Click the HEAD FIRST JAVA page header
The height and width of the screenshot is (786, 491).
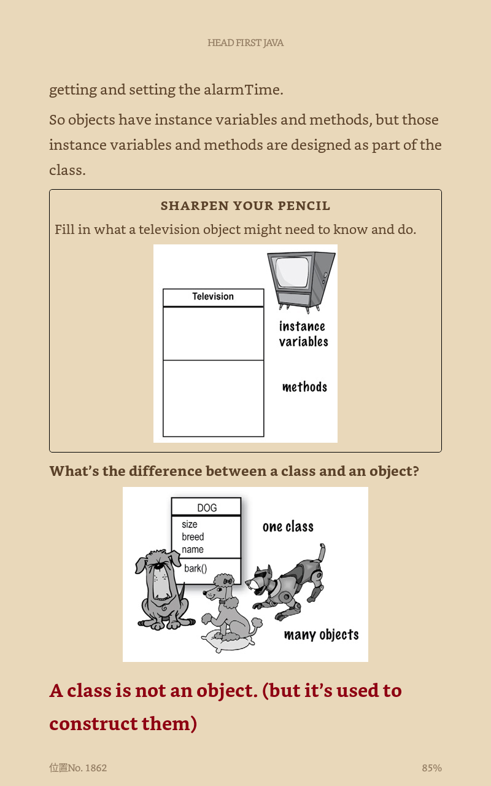[245, 43]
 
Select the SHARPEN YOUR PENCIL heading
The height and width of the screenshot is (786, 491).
[245, 206]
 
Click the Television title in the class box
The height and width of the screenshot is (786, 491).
[213, 297]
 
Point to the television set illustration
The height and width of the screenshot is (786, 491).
[301, 279]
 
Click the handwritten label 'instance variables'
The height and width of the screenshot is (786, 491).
[303, 334]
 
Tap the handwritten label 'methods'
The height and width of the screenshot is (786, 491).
[304, 387]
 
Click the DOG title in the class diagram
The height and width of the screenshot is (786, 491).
[207, 508]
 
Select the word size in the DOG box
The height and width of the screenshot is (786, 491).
[190, 524]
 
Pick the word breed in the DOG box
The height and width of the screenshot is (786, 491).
[193, 537]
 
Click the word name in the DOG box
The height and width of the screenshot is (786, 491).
[193, 550]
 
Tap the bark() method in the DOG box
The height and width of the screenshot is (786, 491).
[196, 569]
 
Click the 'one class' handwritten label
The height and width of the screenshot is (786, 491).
[288, 527]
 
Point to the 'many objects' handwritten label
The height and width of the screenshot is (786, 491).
[321, 635]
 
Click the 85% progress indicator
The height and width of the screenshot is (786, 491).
[431, 768]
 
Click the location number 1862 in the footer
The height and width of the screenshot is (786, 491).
[95, 768]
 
